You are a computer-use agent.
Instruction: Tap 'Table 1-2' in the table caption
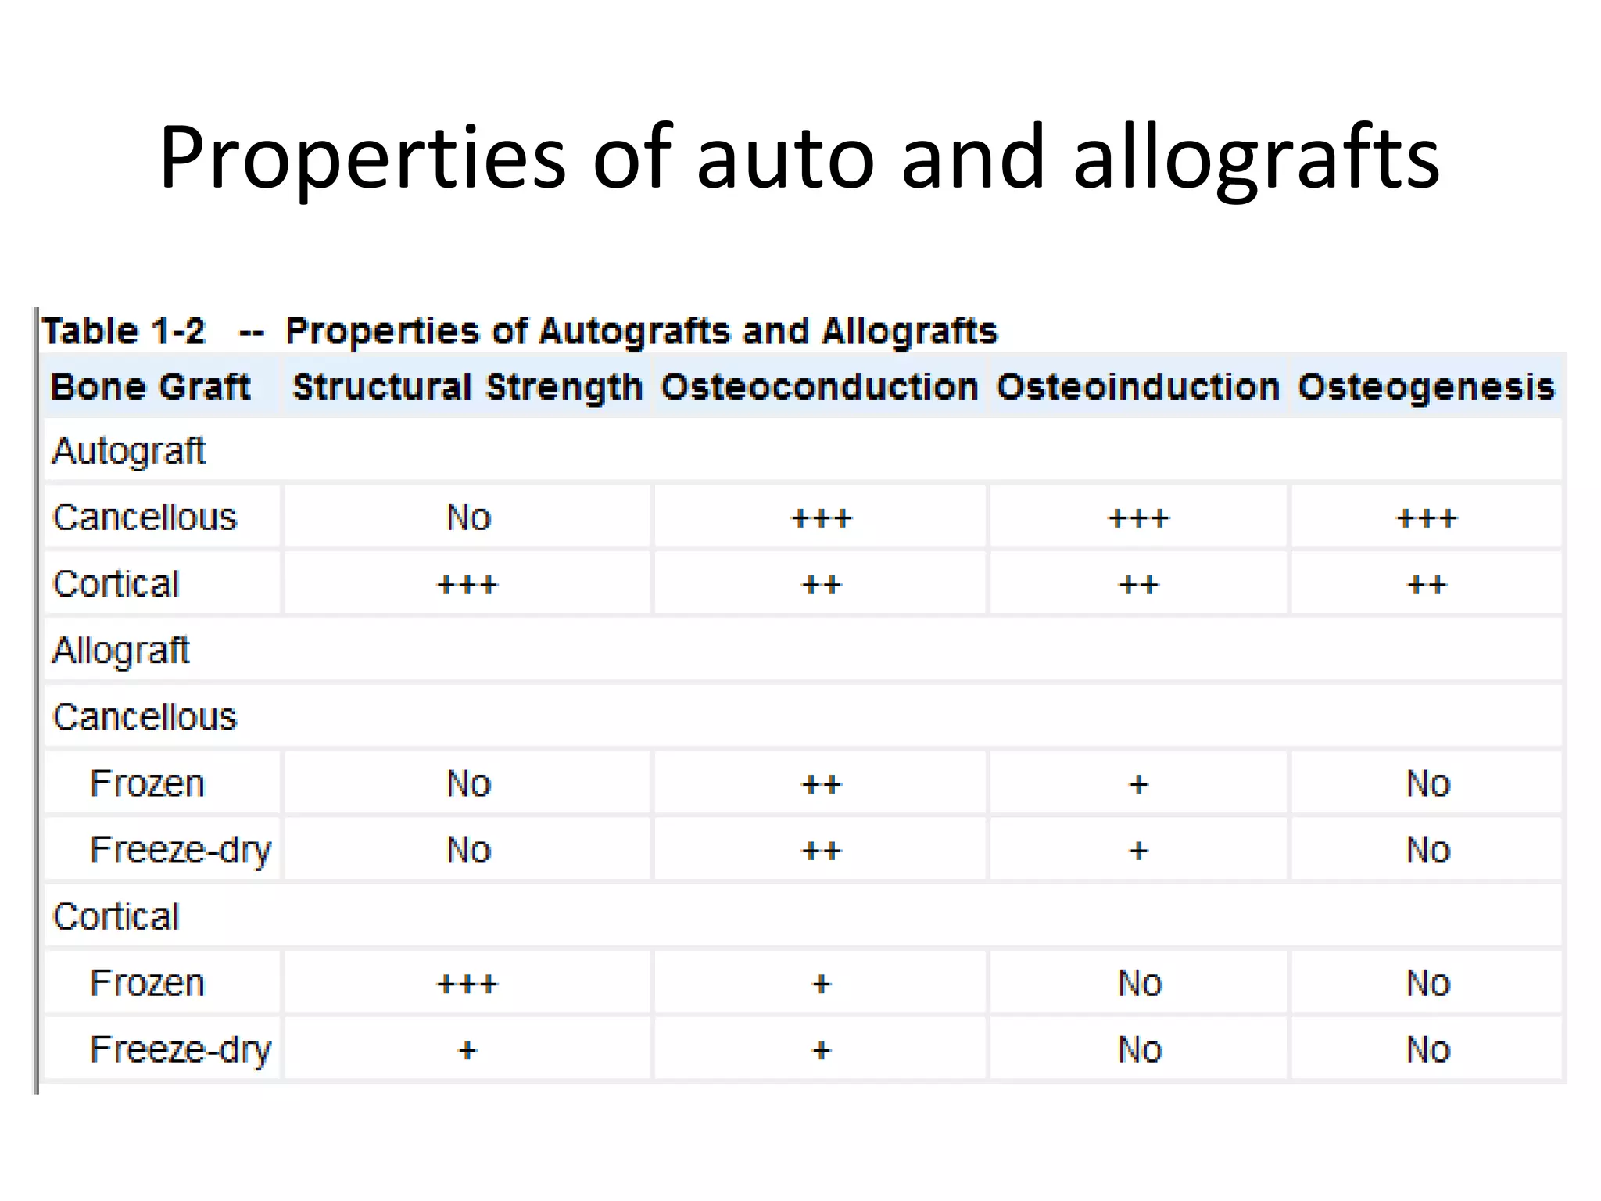(124, 331)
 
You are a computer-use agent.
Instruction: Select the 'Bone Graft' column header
(150, 387)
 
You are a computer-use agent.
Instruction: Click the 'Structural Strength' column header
(467, 387)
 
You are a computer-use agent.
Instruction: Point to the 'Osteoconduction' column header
(819, 387)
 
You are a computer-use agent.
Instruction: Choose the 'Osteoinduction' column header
(1138, 387)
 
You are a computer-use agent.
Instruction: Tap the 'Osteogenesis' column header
(1426, 387)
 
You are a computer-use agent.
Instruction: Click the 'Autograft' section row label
(128, 451)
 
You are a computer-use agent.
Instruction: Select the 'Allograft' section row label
(120, 651)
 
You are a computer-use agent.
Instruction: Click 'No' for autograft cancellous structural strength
(468, 518)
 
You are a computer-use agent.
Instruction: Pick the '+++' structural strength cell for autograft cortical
(467, 585)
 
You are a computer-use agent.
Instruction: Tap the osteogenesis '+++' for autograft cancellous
(1427, 518)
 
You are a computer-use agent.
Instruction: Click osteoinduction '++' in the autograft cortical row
(1138, 585)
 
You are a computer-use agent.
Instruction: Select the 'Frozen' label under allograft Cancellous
(147, 783)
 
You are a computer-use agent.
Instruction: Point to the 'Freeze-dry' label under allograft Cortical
(180, 1050)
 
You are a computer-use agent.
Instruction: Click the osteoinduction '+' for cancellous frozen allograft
(1138, 784)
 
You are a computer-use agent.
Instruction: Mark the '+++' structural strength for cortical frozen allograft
(467, 984)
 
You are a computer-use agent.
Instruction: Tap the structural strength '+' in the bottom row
(467, 1050)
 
